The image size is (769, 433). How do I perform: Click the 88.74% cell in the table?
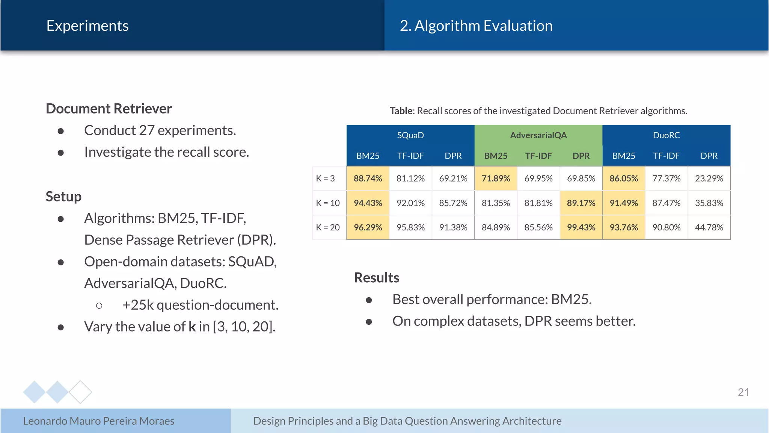[x=368, y=179]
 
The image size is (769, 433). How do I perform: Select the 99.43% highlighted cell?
[x=581, y=227]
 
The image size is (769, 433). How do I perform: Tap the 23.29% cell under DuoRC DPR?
[x=709, y=179]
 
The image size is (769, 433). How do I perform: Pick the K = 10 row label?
[x=328, y=203]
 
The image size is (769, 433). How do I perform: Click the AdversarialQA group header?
[x=538, y=135]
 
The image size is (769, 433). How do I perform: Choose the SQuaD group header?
[x=410, y=135]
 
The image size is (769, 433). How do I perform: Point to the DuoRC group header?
[x=666, y=135]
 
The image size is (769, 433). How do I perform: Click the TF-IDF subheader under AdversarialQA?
[x=538, y=156]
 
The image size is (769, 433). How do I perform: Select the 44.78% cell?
[x=709, y=227]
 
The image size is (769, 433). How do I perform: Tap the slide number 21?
[x=743, y=392]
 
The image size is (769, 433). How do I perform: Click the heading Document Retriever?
[x=109, y=109]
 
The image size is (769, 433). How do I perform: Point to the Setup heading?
[x=63, y=197]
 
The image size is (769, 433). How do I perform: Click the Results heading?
[x=377, y=278]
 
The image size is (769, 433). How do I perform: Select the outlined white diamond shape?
[x=80, y=392]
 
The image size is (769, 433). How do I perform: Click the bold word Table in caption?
[x=401, y=111]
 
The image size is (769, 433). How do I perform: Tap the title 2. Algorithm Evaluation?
[x=476, y=26]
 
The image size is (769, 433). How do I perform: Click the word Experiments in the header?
[x=87, y=26]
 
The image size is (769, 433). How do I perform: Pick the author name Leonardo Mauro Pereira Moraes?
[x=99, y=421]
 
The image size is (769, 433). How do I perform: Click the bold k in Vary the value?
[x=192, y=327]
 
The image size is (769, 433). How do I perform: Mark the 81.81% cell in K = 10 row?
[x=538, y=203]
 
